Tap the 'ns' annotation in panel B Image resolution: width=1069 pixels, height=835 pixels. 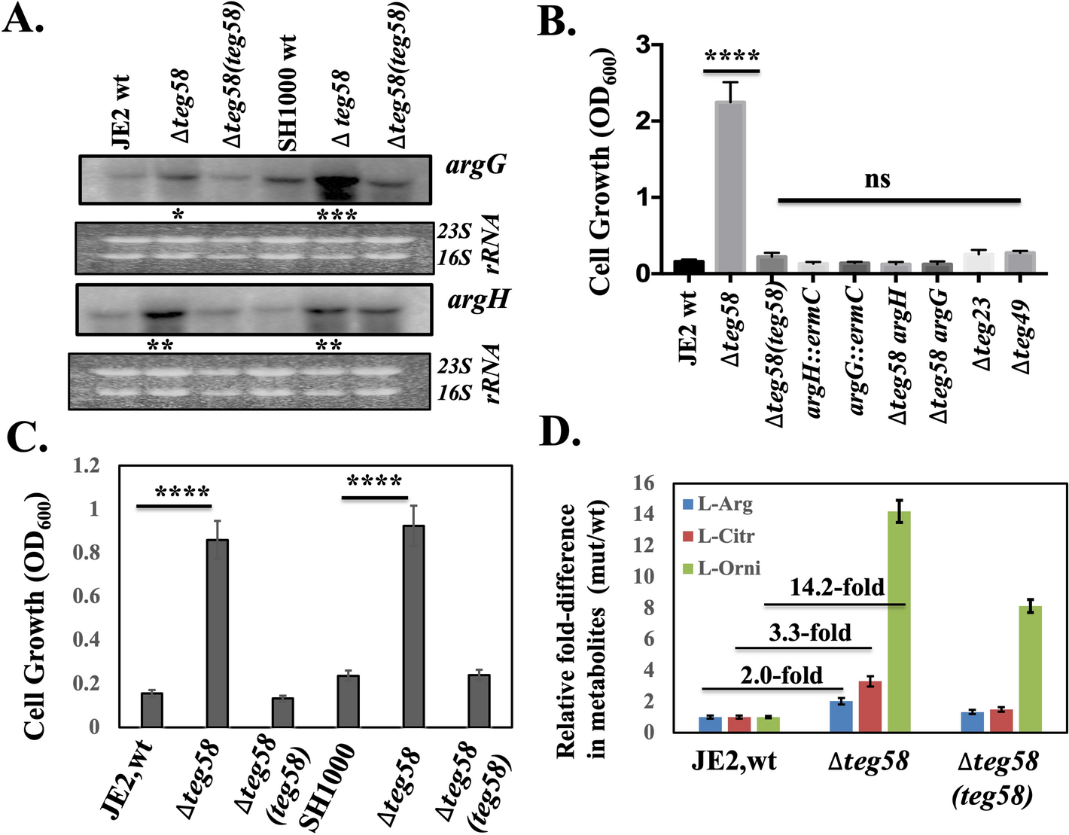click(x=877, y=179)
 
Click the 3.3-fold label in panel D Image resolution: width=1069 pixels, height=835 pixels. click(x=810, y=632)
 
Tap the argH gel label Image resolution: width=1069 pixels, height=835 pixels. click(x=478, y=300)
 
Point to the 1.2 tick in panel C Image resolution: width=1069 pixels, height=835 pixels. click(x=85, y=466)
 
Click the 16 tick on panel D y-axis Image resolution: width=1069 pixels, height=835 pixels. click(x=644, y=483)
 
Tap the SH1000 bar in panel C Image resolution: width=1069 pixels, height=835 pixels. click(x=348, y=701)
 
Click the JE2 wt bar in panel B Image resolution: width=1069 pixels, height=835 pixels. click(x=688, y=267)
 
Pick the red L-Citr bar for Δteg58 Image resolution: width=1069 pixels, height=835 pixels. click(x=870, y=705)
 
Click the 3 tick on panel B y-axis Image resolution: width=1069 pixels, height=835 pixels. click(x=642, y=44)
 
